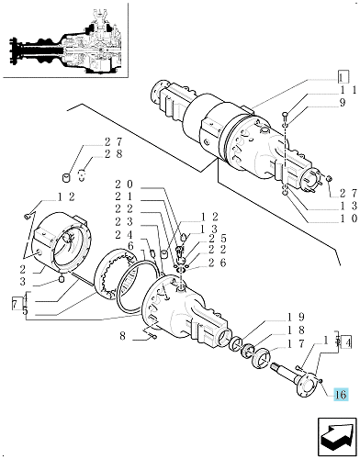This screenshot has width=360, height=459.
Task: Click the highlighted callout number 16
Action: (341, 395)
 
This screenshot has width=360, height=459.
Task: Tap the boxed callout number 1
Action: (343, 77)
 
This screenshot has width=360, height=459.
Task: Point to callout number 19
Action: (297, 317)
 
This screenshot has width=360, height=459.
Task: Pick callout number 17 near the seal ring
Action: (297, 344)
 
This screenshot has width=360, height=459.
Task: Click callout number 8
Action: (122, 336)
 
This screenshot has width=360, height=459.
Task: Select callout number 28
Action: (113, 153)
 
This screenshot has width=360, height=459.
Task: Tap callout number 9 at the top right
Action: (342, 103)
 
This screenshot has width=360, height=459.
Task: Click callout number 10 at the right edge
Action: (349, 218)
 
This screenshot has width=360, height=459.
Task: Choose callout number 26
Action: (217, 263)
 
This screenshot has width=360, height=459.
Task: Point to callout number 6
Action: (130, 246)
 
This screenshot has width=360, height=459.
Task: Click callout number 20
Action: (124, 184)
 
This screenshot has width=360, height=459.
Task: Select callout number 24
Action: (124, 235)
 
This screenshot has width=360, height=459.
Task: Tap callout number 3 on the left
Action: (23, 281)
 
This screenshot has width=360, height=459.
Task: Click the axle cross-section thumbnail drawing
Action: (65, 44)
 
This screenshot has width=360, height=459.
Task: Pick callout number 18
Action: (297, 330)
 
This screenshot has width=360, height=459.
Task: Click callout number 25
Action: (217, 238)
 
